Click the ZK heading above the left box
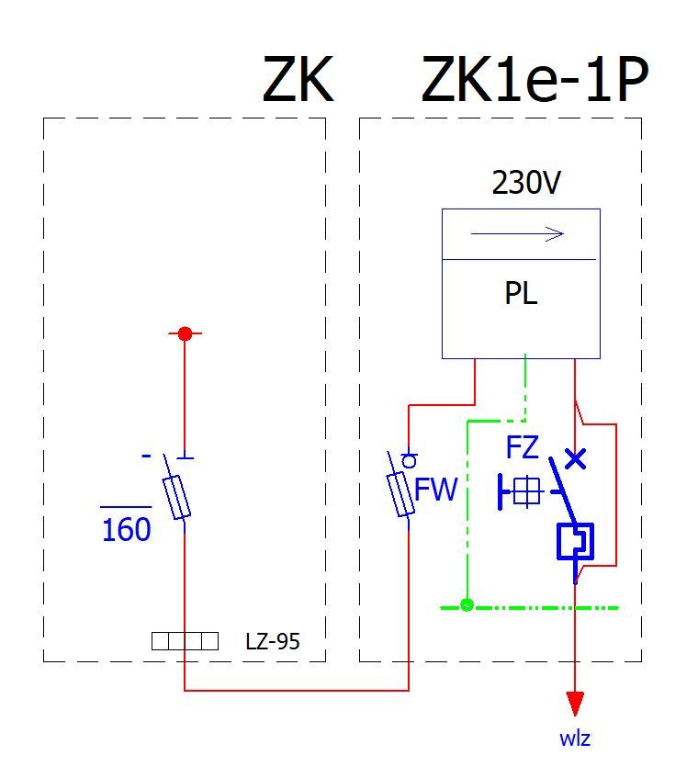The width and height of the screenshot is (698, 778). click(298, 79)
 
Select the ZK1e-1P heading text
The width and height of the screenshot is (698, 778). click(535, 78)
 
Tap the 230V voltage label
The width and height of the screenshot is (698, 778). click(526, 183)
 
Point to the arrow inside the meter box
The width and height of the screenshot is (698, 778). click(517, 233)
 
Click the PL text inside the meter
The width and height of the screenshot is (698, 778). click(521, 293)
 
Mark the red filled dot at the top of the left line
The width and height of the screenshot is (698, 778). click(185, 333)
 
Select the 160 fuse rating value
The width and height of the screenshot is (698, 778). click(126, 529)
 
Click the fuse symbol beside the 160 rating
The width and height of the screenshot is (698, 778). click(176, 497)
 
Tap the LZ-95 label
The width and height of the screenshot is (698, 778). click(273, 641)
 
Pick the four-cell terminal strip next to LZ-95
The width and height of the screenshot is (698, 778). click(185, 641)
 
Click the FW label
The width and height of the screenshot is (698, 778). click(435, 490)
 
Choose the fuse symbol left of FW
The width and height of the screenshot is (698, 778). click(400, 495)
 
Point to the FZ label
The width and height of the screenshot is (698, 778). click(522, 447)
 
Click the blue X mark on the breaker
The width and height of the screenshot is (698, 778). click(576, 459)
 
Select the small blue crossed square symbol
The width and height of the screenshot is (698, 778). click(526, 491)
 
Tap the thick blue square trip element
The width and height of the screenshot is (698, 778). click(576, 541)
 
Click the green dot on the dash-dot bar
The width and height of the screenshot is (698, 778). click(467, 604)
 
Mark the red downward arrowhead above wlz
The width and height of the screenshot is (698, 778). click(575, 704)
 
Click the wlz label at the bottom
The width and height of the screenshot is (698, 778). click(575, 739)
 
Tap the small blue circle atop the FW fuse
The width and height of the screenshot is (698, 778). click(410, 461)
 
